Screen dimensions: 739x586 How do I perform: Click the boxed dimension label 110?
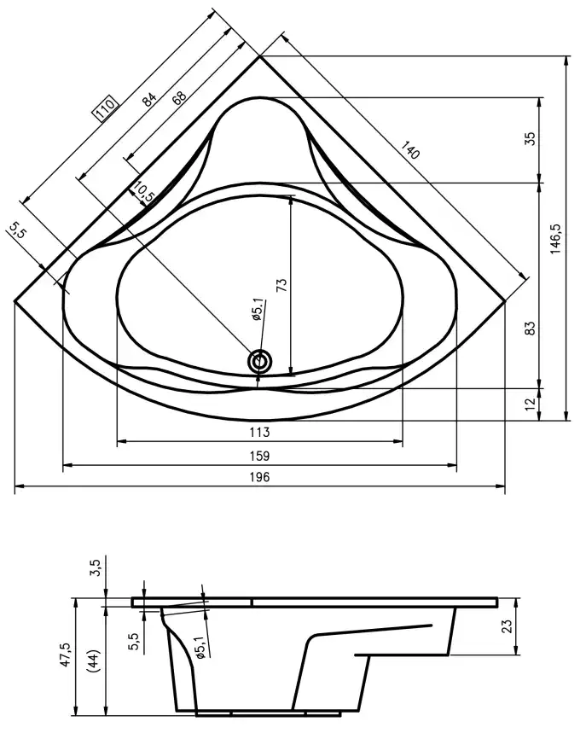tap(105, 108)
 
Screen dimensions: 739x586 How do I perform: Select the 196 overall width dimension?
tap(260, 478)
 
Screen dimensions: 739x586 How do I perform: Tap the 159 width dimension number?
tap(260, 457)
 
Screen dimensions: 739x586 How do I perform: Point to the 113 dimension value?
tap(260, 433)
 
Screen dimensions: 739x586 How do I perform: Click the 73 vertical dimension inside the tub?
tap(282, 285)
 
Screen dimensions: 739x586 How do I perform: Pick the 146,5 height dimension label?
tap(556, 239)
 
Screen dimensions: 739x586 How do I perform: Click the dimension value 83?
tap(529, 328)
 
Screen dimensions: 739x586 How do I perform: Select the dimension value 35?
tap(529, 140)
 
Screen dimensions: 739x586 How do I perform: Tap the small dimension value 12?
tap(529, 403)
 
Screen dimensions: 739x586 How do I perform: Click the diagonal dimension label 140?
tap(410, 153)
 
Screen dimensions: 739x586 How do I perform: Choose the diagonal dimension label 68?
tap(178, 96)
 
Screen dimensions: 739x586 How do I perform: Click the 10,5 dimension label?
tap(144, 193)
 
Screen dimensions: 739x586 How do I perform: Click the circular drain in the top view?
tap(260, 362)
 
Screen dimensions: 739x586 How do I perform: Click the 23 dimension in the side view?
tap(529, 626)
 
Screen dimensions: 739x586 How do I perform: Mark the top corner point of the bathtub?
tap(260, 55)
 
